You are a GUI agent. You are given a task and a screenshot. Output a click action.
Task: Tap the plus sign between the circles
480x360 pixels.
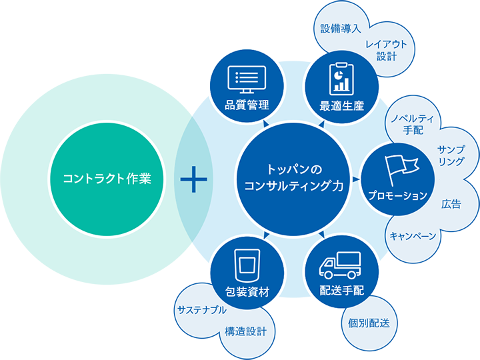(193, 179)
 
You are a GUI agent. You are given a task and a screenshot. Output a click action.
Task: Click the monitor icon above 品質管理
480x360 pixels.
(247, 79)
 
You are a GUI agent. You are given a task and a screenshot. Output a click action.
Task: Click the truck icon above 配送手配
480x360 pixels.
(341, 265)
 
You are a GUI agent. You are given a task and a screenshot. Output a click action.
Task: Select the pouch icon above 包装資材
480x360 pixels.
(247, 264)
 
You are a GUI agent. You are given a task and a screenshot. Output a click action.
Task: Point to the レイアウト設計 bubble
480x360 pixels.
(386, 50)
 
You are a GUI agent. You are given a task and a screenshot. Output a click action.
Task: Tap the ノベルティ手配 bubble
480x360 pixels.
(413, 123)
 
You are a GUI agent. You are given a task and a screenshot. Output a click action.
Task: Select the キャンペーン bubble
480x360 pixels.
(413, 236)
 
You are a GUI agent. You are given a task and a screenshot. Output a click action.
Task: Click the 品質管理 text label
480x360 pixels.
(247, 105)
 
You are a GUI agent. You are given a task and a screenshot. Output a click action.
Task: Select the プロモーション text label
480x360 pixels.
(397, 195)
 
